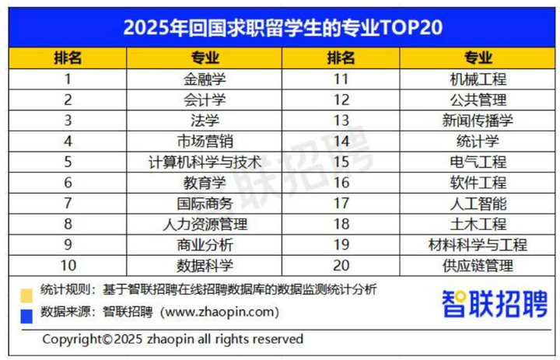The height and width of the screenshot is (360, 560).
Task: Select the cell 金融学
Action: tap(205, 79)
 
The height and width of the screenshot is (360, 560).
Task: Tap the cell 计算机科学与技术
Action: tap(205, 162)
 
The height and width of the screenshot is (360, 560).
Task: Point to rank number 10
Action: tap(68, 266)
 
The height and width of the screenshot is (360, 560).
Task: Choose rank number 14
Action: tap(340, 141)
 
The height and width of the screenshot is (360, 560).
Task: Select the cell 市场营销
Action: tap(205, 141)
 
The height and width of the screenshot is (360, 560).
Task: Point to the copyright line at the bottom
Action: tap(173, 339)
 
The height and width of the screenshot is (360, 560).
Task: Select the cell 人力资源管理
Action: tap(205, 225)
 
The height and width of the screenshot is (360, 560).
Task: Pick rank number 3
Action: tap(68, 121)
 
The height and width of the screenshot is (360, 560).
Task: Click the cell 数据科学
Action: tap(205, 266)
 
